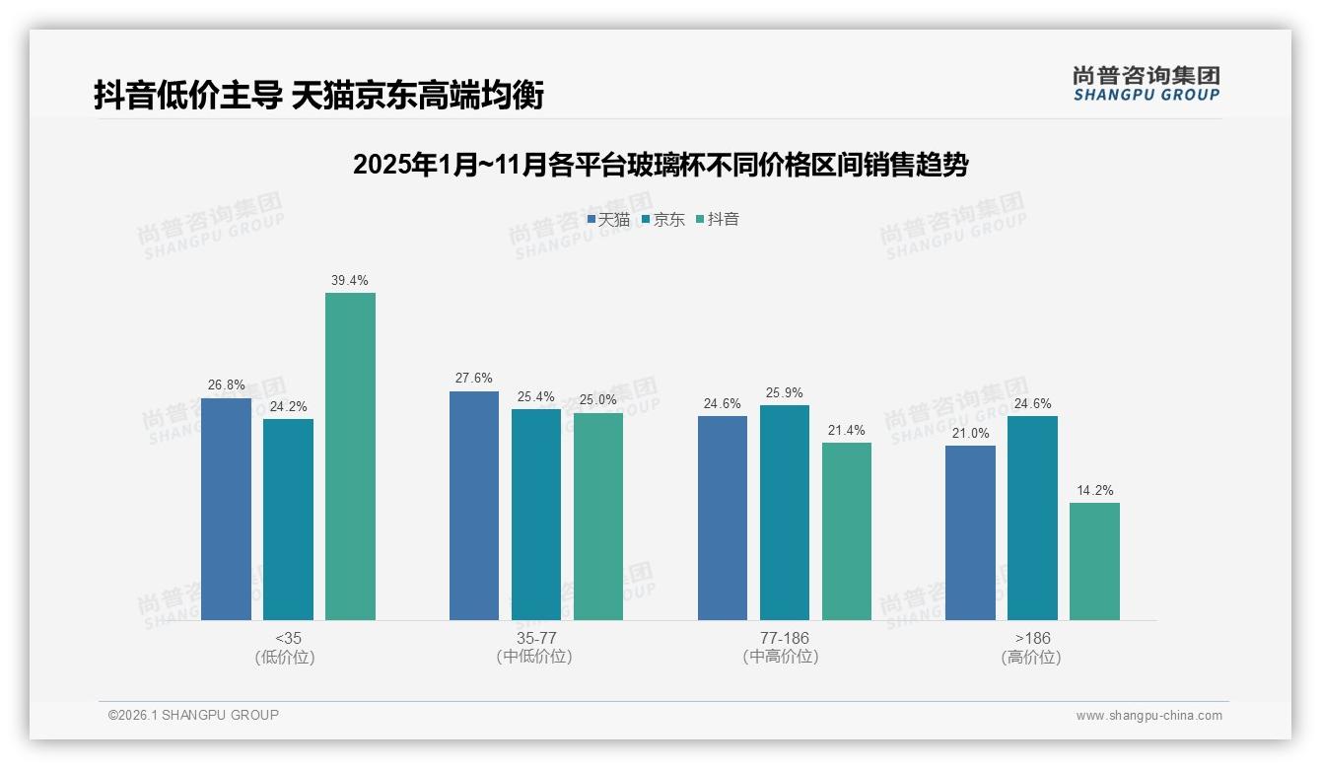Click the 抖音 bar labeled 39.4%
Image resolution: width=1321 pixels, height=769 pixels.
pos(350,455)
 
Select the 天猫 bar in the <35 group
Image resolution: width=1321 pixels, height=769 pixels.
pos(226,509)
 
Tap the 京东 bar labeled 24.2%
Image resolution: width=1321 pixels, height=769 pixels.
pos(288,519)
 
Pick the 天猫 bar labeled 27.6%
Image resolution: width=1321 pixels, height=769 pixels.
pos(474,505)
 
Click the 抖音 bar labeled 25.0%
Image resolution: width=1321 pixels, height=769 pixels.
pos(598,516)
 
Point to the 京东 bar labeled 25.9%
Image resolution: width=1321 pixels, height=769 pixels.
pos(785,512)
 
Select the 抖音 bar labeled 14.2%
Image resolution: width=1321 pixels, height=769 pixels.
pos(1094,561)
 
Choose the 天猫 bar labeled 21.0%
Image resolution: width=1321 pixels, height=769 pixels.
pos(970,532)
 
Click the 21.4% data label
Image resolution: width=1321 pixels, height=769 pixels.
pos(847,430)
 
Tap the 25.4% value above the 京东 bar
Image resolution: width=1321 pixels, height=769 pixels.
pos(536,396)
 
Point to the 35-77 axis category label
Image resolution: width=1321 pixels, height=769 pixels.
pos(536,638)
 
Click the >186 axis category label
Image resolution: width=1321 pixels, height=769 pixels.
pos(1032,638)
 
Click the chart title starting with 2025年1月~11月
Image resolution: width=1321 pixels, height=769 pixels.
pos(660,165)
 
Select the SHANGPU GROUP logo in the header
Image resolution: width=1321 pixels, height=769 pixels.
pos(1146,83)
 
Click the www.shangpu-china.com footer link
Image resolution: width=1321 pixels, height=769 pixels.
pos(1148,716)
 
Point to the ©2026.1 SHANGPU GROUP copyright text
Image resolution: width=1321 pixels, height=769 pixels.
pos(193,715)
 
